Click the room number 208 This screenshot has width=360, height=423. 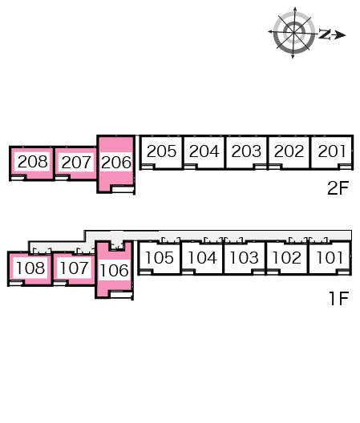tap(33, 162)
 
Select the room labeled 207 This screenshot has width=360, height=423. tap(76, 162)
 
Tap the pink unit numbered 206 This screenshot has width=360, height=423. tap(116, 163)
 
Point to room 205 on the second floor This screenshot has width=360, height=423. tap(161, 151)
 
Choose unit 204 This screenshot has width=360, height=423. tap(204, 151)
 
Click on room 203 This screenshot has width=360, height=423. tap(246, 151)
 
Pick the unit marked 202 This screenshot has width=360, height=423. tap(289, 151)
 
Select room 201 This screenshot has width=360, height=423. tap(332, 151)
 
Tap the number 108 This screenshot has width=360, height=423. tap(30, 268)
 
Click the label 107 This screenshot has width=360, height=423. tap(74, 268)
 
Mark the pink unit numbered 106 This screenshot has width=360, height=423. tap(114, 270)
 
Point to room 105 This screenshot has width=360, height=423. tap(159, 257)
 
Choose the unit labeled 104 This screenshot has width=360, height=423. tap(202, 257)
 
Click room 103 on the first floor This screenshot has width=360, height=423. tap(244, 257)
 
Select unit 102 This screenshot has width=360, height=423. tap(286, 257)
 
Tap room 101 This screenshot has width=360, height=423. tap(330, 257)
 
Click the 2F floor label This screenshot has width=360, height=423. tap(338, 188)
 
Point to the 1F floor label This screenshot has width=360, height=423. tap(339, 298)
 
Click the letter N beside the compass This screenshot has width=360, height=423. tap(325, 34)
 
